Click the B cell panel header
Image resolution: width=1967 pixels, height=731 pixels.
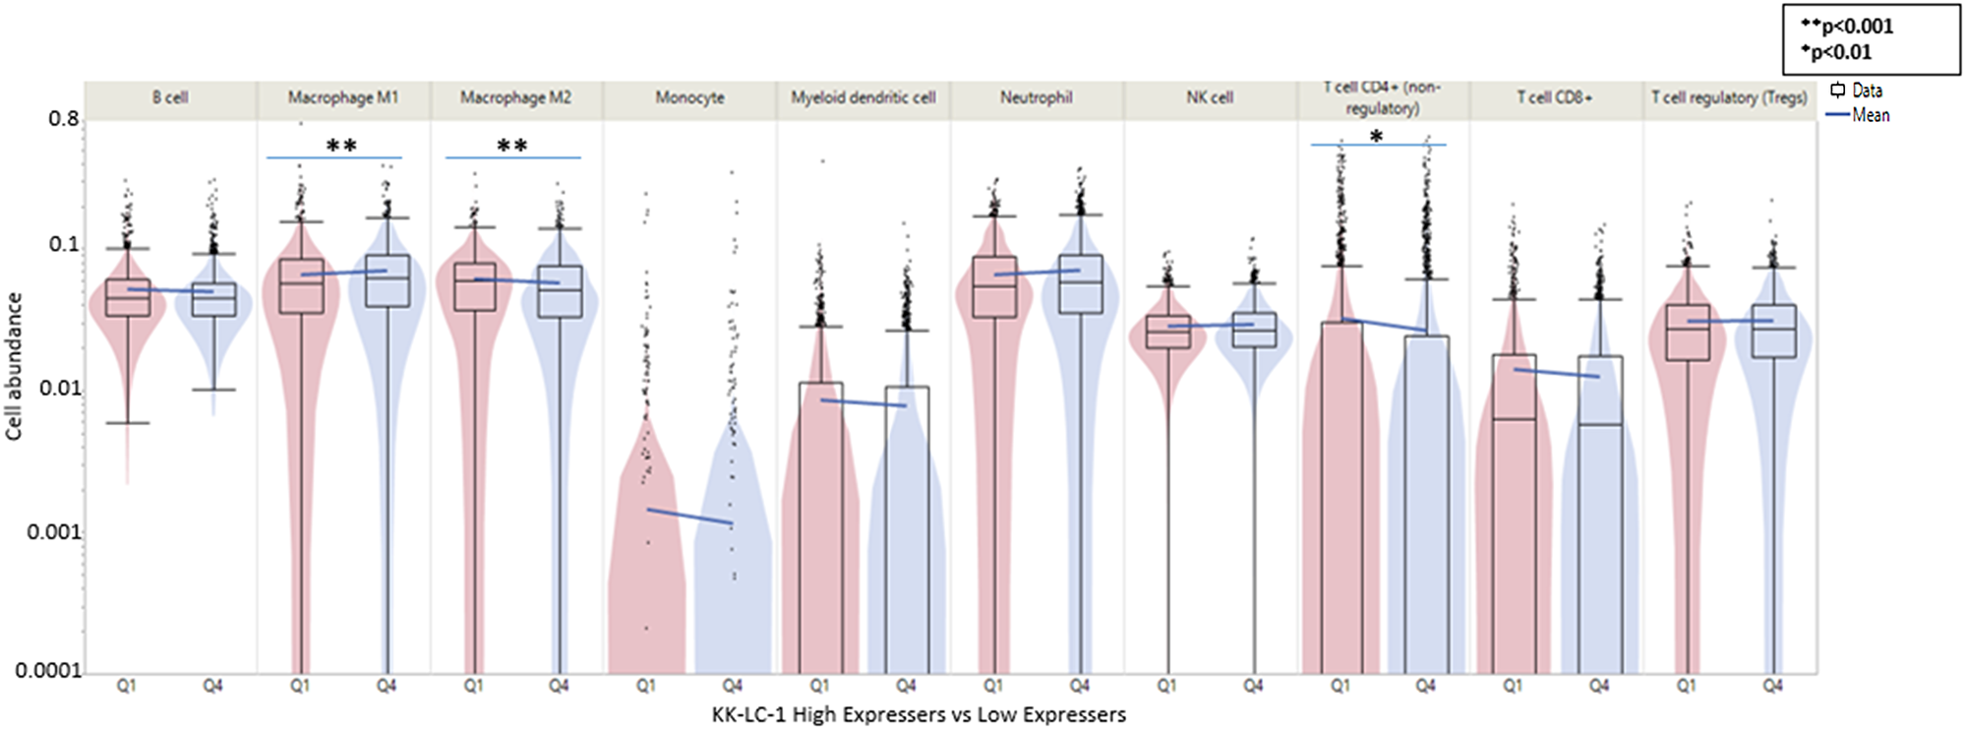click(170, 97)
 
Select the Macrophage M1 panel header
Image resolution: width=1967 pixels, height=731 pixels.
click(343, 97)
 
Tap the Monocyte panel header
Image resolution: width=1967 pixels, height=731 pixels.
click(689, 97)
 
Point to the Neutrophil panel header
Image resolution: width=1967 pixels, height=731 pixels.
click(1037, 97)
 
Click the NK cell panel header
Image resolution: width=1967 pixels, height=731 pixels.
click(1210, 97)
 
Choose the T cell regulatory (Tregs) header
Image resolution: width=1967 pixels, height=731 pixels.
click(1729, 97)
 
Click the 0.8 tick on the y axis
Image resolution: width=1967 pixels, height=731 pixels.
click(63, 119)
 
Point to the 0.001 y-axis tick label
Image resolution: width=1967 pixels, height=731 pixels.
click(53, 532)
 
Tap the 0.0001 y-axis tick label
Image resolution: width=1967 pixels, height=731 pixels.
click(48, 671)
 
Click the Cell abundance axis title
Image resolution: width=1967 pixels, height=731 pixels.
click(14, 366)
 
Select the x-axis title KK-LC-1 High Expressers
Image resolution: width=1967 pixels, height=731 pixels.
click(919, 715)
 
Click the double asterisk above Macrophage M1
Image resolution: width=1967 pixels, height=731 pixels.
click(341, 147)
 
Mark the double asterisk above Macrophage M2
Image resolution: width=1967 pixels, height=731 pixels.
click(511, 147)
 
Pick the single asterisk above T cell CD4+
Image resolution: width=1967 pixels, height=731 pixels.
click(1377, 137)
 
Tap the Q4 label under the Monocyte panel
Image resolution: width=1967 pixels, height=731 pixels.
click(733, 686)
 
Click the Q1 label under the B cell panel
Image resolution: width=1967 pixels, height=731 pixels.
click(127, 686)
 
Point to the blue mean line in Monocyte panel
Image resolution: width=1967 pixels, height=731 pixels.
click(689, 517)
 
